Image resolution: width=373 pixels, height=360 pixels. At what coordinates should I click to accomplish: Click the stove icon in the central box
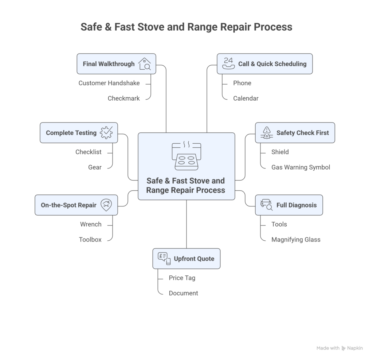click(x=186, y=156)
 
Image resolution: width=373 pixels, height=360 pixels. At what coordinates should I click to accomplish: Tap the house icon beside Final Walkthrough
click(x=145, y=64)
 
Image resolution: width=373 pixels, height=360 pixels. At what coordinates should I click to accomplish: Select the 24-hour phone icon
click(x=228, y=63)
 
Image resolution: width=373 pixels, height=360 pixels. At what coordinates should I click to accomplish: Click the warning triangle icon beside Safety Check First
click(x=267, y=133)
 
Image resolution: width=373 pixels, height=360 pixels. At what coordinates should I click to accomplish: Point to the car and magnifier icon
click(x=266, y=205)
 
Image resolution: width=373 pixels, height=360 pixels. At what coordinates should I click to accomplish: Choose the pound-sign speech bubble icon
click(x=164, y=258)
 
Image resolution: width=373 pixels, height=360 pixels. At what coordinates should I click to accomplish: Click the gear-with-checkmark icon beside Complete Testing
click(x=106, y=133)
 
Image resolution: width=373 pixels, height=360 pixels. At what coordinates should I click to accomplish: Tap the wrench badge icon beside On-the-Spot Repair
click(x=106, y=205)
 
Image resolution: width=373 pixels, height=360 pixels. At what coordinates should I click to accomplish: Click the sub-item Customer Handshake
click(x=109, y=83)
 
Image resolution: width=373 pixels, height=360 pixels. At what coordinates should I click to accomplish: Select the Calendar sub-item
click(x=246, y=98)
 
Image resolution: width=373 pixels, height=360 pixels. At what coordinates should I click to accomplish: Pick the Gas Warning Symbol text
click(x=301, y=167)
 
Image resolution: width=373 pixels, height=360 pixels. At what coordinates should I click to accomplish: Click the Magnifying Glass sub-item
click(x=296, y=240)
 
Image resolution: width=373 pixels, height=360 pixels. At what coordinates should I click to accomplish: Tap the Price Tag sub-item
click(x=182, y=278)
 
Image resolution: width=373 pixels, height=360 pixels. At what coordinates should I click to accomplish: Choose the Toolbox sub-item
click(x=90, y=240)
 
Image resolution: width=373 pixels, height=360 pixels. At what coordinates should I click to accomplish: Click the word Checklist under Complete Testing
click(x=88, y=152)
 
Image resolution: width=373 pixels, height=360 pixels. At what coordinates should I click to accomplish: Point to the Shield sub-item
click(x=280, y=152)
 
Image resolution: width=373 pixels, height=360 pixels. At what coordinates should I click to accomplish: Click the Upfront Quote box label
click(x=194, y=259)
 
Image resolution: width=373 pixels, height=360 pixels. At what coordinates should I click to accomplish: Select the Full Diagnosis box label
click(x=296, y=205)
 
